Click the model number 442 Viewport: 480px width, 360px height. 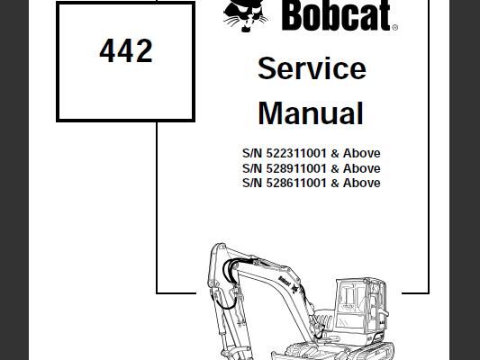[126, 50]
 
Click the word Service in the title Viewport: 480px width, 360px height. [312, 68]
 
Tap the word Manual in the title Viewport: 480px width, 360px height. [311, 113]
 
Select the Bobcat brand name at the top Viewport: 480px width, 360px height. [336, 15]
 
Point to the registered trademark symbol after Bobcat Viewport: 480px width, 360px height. [394, 28]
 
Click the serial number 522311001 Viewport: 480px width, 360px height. [296, 153]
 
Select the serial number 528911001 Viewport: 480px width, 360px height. [296, 168]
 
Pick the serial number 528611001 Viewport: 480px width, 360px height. [296, 183]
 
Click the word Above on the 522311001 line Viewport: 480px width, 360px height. [361, 153]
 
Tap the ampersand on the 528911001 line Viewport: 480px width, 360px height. [335, 168]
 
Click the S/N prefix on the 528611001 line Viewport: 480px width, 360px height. [252, 183]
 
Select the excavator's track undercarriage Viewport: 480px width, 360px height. [332, 352]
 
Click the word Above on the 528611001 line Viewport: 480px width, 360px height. [361, 183]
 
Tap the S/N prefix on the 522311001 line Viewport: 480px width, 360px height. [252, 153]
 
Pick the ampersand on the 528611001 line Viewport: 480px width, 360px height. [335, 184]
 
